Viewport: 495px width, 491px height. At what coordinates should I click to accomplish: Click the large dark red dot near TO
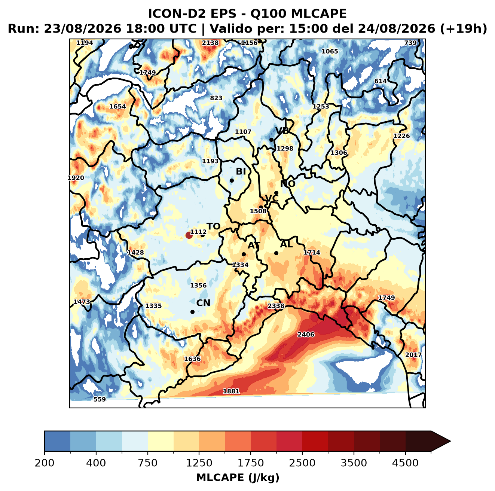(189, 235)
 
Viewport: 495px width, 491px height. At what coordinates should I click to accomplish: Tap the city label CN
(203, 303)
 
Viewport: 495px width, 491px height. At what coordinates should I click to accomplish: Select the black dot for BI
(232, 181)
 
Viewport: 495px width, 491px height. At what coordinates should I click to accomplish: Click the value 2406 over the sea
(306, 335)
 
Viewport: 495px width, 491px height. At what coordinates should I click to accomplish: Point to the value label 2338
(276, 306)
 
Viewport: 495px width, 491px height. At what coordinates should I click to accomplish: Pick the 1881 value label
(231, 391)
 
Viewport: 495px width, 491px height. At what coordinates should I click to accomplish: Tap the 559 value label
(100, 400)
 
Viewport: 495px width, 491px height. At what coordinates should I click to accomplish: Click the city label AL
(286, 244)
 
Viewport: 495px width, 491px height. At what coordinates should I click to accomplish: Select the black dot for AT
(244, 254)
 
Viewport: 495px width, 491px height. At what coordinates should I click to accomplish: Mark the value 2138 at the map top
(210, 43)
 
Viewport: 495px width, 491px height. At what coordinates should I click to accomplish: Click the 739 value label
(410, 43)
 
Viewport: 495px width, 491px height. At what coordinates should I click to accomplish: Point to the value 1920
(76, 178)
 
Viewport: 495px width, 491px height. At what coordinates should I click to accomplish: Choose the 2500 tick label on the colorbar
(302, 463)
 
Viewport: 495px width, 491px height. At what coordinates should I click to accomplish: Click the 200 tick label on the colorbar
(45, 463)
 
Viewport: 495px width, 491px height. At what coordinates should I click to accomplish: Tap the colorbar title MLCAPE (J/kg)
(238, 478)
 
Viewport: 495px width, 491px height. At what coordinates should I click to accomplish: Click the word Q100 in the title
(268, 14)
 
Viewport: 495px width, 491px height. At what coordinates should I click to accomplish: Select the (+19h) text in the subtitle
(463, 29)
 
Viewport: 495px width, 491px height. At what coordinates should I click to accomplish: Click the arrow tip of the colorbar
(450, 442)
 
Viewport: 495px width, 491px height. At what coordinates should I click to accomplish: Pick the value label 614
(381, 81)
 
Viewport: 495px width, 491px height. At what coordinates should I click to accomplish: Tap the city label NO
(288, 184)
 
